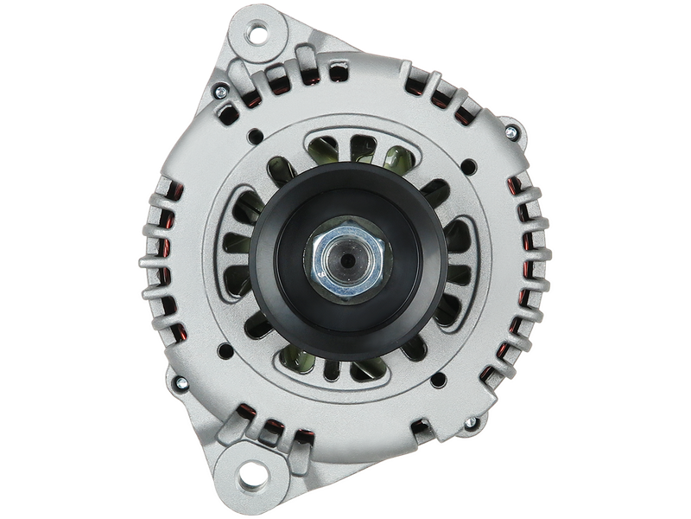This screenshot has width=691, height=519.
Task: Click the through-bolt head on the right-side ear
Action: coord(511,132)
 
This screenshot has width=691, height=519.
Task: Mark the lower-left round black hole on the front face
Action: coord(225,350)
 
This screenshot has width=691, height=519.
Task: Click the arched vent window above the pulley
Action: coord(345,151)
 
